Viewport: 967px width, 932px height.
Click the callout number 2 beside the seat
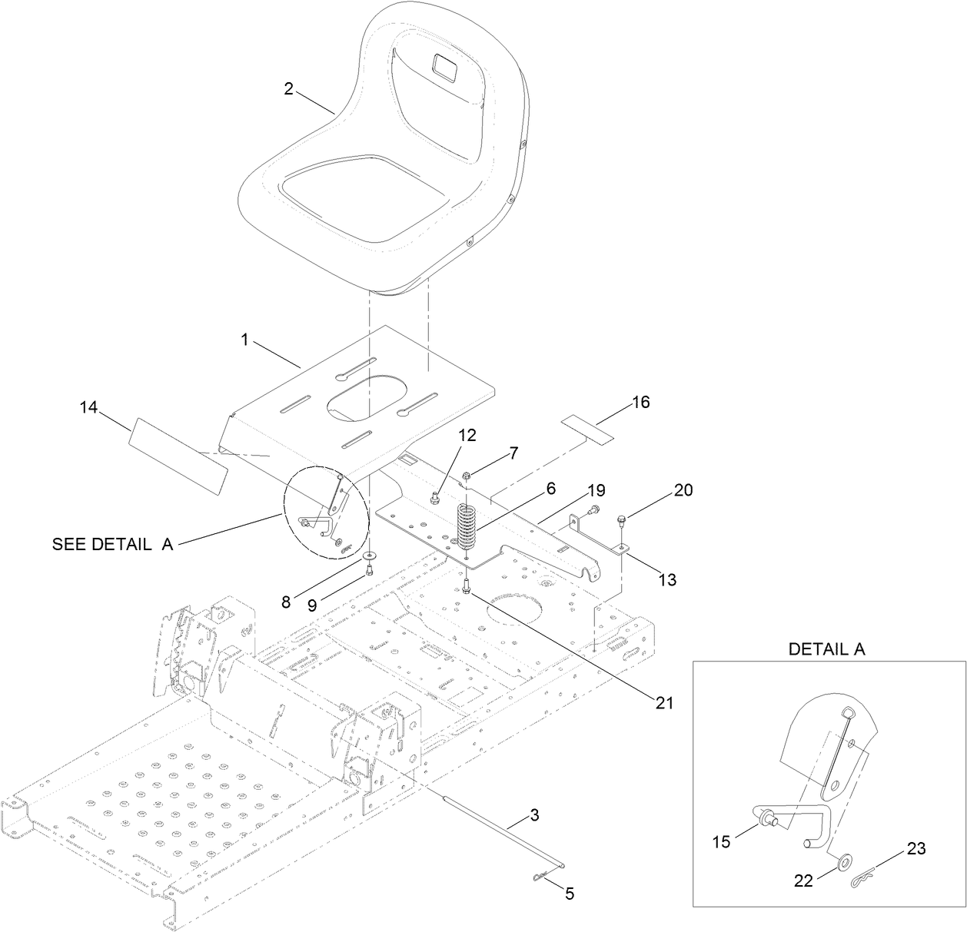288,88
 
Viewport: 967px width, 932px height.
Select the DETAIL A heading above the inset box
826,649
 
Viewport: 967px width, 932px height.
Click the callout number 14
89,407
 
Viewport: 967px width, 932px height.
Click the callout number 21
663,702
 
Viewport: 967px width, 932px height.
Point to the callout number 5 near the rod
569,894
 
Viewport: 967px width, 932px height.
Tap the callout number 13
667,579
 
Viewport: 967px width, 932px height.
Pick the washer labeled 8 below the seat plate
371,555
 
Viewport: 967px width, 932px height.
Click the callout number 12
467,435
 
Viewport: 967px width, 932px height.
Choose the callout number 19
596,490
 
